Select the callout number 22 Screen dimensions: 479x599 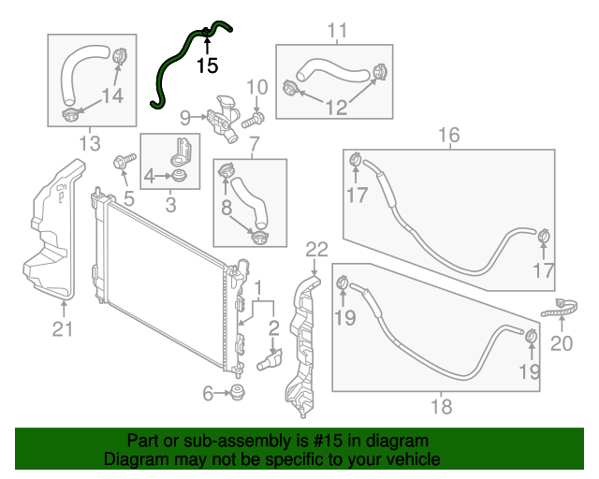(x=317, y=249)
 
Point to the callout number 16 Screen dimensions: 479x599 (x=449, y=136)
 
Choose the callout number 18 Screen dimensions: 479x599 (x=441, y=406)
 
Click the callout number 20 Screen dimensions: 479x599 (x=561, y=343)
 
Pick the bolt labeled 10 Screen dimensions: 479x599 (x=256, y=119)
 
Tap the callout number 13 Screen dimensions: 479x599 (x=89, y=143)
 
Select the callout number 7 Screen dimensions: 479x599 (x=251, y=143)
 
